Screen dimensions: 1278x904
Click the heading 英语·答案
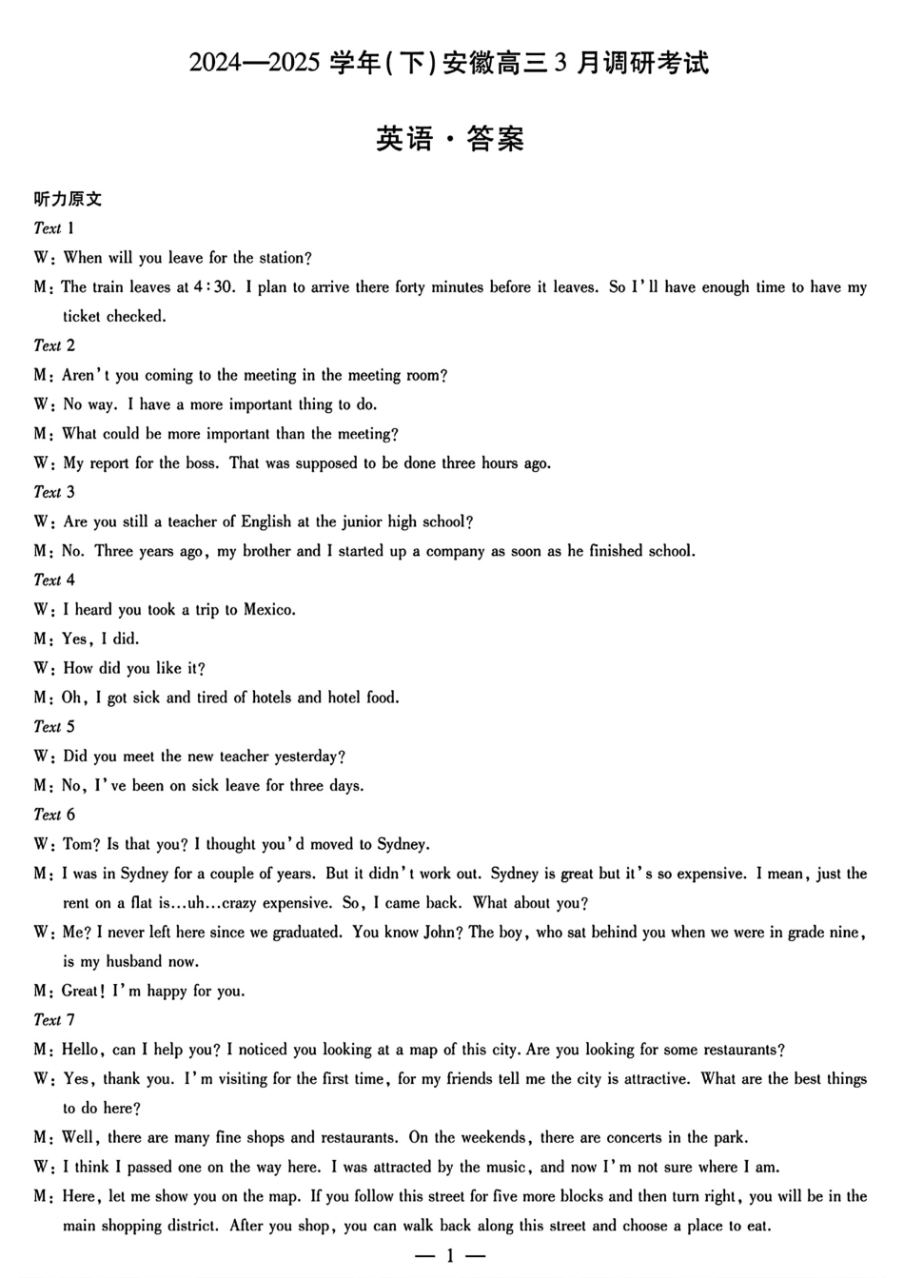click(450, 139)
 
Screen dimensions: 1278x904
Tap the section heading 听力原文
click(68, 199)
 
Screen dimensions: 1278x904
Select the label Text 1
click(53, 228)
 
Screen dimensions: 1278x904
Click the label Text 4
click(53, 580)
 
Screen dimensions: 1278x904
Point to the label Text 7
click(53, 1020)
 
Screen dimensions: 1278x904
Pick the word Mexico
click(268, 609)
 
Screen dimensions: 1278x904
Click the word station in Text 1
click(282, 258)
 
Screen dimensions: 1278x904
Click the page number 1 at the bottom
click(450, 1256)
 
